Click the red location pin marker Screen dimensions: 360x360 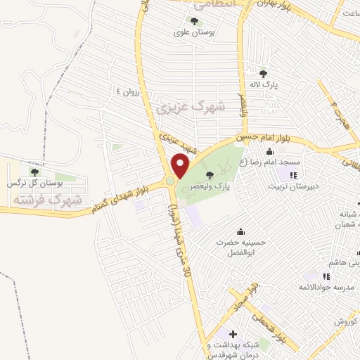[181, 167]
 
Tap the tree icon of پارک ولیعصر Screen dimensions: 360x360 [208, 175]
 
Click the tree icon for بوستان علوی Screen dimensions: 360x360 [194, 21]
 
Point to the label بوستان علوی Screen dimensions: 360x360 [193, 32]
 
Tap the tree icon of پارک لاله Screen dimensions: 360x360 [263, 73]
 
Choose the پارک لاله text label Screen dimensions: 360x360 [263, 84]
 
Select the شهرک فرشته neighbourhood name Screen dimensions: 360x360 [46, 200]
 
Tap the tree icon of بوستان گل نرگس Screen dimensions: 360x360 [34, 172]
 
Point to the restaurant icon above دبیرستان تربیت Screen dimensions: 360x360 [293, 175]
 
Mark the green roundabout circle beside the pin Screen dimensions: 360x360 [171, 183]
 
